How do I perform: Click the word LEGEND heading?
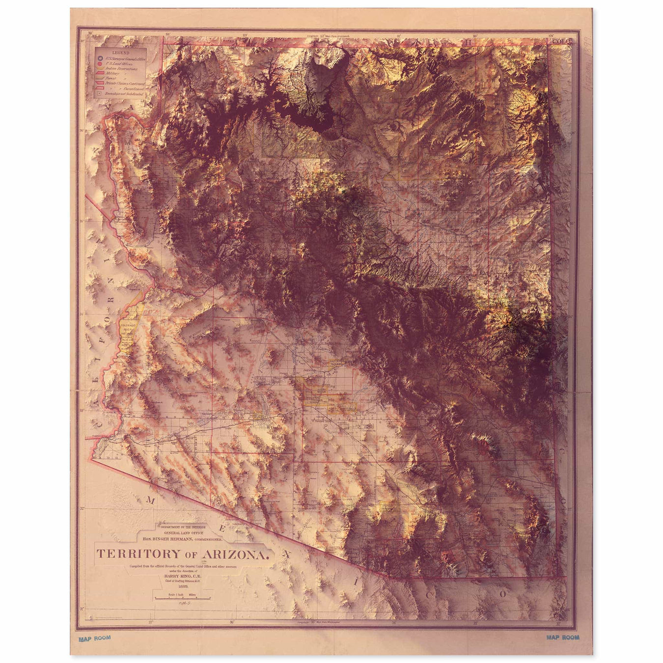pyautogui.click(x=120, y=53)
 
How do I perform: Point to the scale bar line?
pyautogui.click(x=183, y=599)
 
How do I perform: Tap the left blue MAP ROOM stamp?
pyautogui.click(x=95, y=638)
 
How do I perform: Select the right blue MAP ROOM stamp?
pyautogui.click(x=563, y=637)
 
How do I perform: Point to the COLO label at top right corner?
pyautogui.click(x=560, y=41)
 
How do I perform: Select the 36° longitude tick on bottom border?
pyautogui.click(x=232, y=622)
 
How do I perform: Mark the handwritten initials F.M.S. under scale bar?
pyautogui.click(x=184, y=603)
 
